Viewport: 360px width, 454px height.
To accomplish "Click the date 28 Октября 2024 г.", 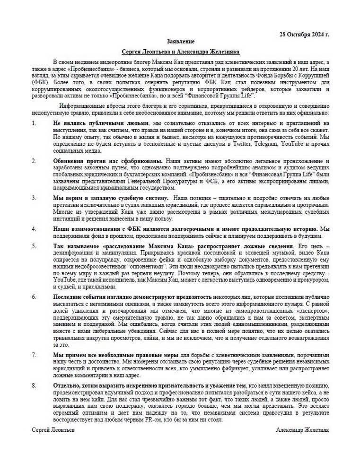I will [305, 34].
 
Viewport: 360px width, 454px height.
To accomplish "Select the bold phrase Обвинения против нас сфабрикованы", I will [108, 161].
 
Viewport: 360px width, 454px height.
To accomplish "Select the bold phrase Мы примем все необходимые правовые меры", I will [115, 354].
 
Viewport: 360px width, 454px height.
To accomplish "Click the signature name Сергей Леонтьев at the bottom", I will [53, 430].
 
